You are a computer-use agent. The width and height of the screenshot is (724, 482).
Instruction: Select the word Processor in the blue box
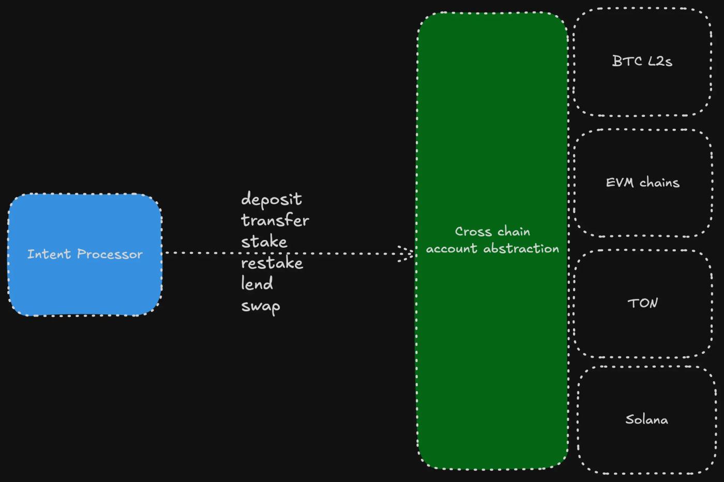pyautogui.click(x=110, y=254)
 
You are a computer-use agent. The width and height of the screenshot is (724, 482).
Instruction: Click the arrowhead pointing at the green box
pyautogui.click(x=408, y=253)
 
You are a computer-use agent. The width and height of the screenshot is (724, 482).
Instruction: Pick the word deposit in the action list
pyautogui.click(x=271, y=200)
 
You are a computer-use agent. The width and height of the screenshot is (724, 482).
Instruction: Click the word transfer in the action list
pyautogui.click(x=275, y=220)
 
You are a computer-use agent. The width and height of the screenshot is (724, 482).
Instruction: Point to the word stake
pyautogui.click(x=264, y=242)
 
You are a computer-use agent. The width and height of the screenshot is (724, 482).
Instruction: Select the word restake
pyautogui.click(x=272, y=263)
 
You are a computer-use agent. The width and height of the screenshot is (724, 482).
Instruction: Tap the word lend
pyautogui.click(x=257, y=283)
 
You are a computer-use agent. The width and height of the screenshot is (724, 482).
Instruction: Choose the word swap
pyautogui.click(x=261, y=306)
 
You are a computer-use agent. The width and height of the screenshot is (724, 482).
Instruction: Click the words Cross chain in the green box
pyautogui.click(x=492, y=231)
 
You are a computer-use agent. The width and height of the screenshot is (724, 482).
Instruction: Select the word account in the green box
pyautogui.click(x=451, y=249)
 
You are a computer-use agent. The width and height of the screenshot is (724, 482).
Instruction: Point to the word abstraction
pyautogui.click(x=521, y=249)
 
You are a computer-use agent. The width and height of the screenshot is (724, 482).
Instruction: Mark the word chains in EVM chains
pyautogui.click(x=659, y=183)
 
